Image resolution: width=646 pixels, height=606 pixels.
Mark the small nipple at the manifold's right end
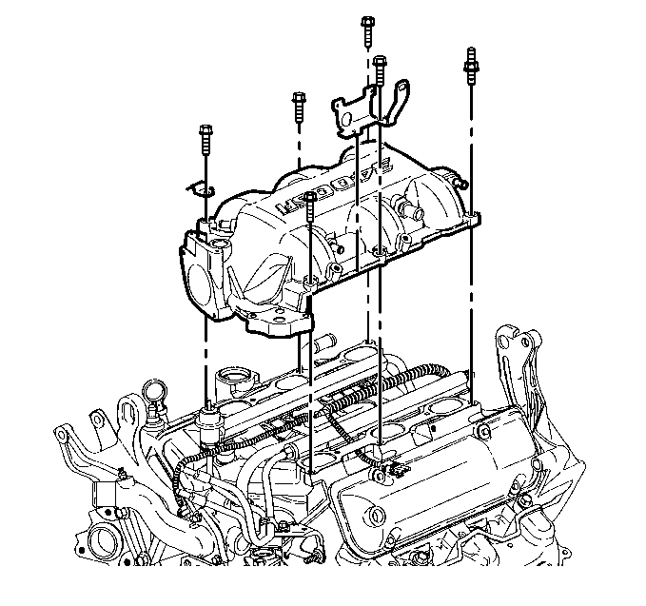pyautogui.click(x=460, y=180)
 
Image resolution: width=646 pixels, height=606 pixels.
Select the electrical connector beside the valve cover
pyautogui.click(x=391, y=467)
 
